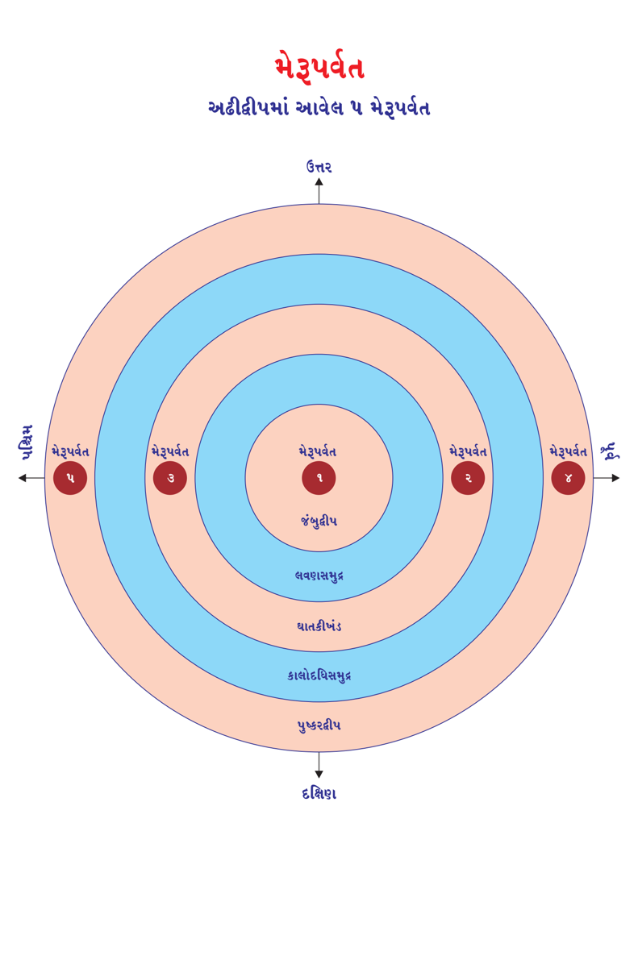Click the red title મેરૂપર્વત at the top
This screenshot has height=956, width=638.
pyautogui.click(x=319, y=68)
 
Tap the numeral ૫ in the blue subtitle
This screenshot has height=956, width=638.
pyautogui.click(x=357, y=108)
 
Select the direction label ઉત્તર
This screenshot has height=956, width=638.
pyautogui.click(x=319, y=167)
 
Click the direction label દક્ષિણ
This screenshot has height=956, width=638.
pyautogui.click(x=319, y=793)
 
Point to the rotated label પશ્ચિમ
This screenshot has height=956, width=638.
pyautogui.click(x=27, y=443)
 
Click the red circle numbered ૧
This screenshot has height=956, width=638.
pyautogui.click(x=319, y=478)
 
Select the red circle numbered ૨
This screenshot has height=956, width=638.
pyautogui.click(x=468, y=478)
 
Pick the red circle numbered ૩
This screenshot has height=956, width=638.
pyautogui.click(x=170, y=478)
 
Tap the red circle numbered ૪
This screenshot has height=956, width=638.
pyautogui.click(x=568, y=478)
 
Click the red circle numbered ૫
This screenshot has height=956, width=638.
pyautogui.click(x=70, y=478)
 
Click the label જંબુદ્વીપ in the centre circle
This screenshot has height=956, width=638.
pyautogui.click(x=319, y=522)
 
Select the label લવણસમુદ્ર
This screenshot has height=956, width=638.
pyautogui.click(x=319, y=576)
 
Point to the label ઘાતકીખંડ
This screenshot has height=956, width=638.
pyautogui.click(x=319, y=626)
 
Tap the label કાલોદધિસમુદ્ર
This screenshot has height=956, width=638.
pyautogui.click(x=319, y=675)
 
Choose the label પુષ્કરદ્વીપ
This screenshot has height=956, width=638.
pyautogui.click(x=319, y=725)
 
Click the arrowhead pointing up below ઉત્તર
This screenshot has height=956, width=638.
pyautogui.click(x=319, y=182)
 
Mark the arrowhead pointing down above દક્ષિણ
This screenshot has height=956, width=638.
pyautogui.click(x=319, y=774)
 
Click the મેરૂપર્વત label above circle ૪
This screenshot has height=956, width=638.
pyautogui.click(x=568, y=451)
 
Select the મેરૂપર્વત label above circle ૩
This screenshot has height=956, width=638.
pyautogui.click(x=170, y=451)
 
